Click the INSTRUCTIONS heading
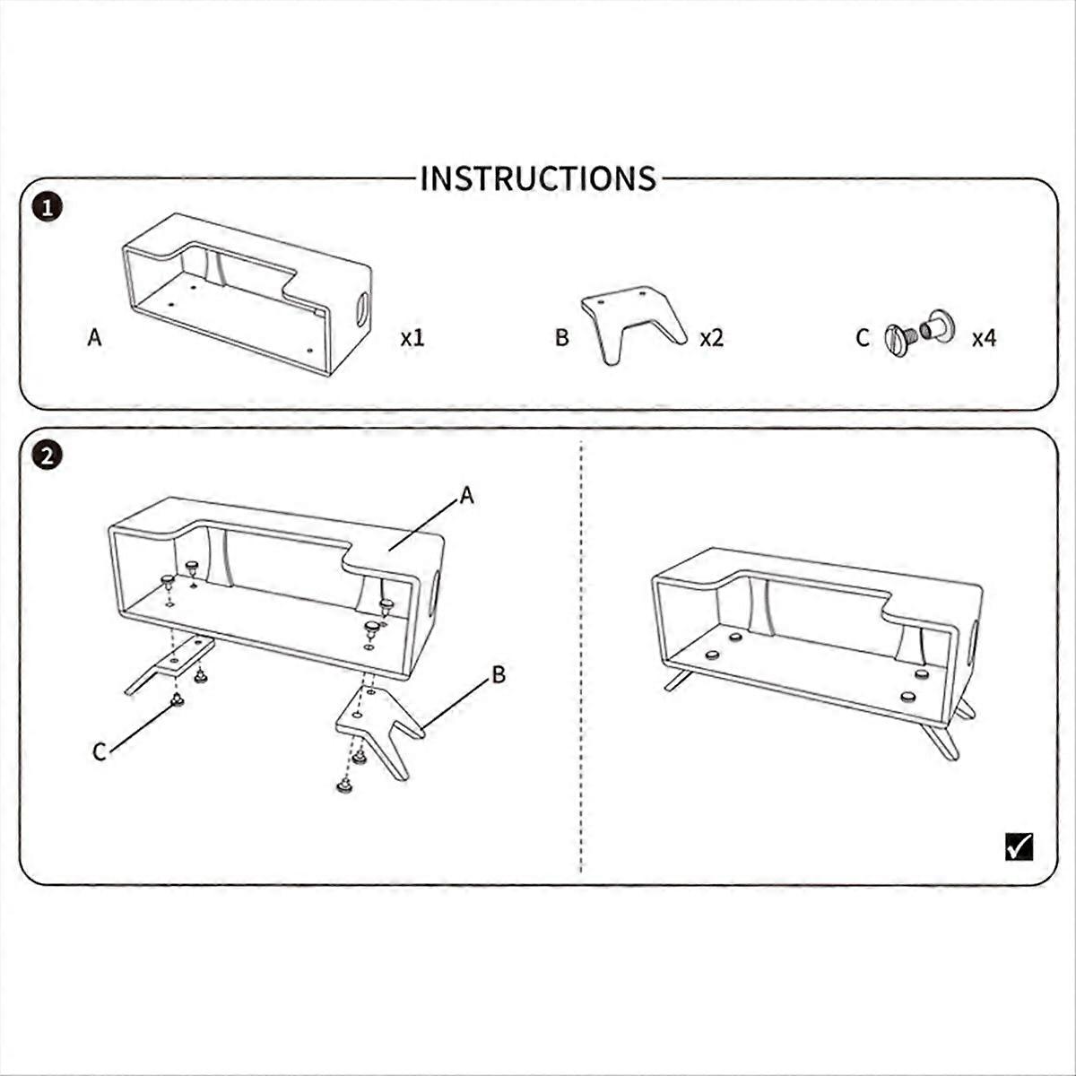[538, 178]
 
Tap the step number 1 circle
[48, 210]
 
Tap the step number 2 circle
[48, 456]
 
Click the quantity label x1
[412, 338]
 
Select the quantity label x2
[712, 338]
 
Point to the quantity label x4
[984, 338]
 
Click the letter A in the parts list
[94, 337]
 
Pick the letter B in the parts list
[561, 337]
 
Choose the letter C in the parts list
[863, 338]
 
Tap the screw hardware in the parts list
[920, 333]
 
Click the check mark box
[1019, 863]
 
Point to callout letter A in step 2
[467, 495]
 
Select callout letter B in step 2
[499, 675]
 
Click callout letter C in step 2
[100, 752]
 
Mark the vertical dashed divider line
[581, 657]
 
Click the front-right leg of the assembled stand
[940, 740]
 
